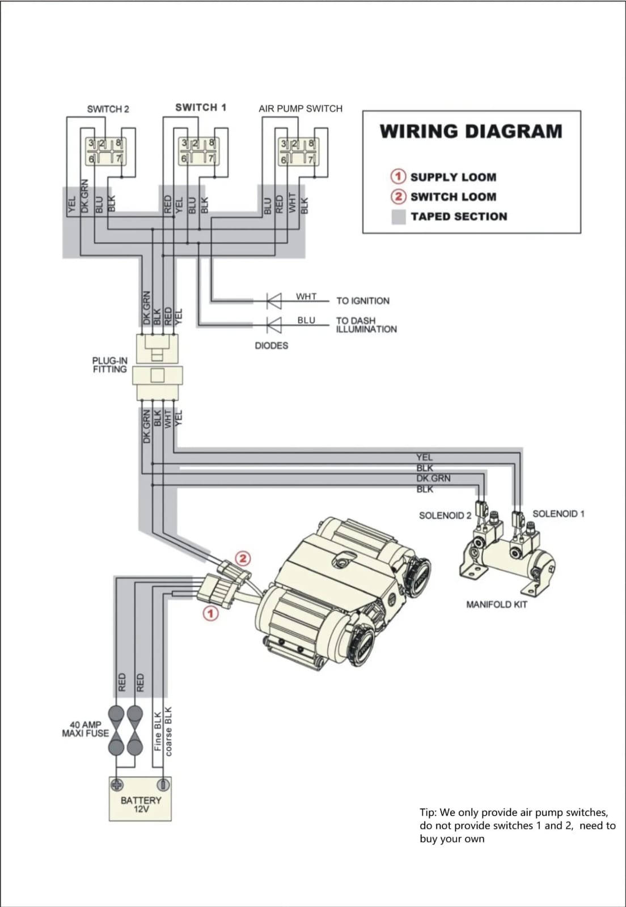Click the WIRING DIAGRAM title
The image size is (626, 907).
click(x=471, y=131)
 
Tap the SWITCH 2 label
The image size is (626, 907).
click(x=108, y=109)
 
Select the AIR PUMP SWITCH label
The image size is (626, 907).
click(x=301, y=108)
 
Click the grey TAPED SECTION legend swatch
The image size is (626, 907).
click(x=399, y=217)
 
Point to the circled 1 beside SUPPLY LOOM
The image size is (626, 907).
click(x=399, y=176)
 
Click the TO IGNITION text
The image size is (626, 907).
click(x=363, y=301)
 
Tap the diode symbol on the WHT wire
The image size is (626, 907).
click(x=274, y=301)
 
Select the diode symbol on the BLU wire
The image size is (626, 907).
click(x=274, y=325)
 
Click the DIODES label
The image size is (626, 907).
click(x=271, y=346)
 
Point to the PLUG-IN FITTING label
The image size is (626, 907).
click(x=110, y=365)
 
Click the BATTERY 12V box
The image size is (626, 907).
click(x=140, y=799)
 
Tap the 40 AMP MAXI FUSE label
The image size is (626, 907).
click(x=85, y=729)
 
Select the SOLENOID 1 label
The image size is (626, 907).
click(x=559, y=514)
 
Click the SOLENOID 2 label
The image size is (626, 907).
click(x=445, y=515)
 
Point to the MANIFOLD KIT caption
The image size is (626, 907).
click(x=497, y=604)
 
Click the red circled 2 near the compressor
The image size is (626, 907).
click(x=243, y=558)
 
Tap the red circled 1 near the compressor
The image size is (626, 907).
click(x=210, y=613)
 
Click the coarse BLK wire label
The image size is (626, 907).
click(x=168, y=731)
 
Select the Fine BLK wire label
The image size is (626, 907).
click(x=158, y=731)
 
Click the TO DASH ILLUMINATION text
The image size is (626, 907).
click(x=366, y=325)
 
